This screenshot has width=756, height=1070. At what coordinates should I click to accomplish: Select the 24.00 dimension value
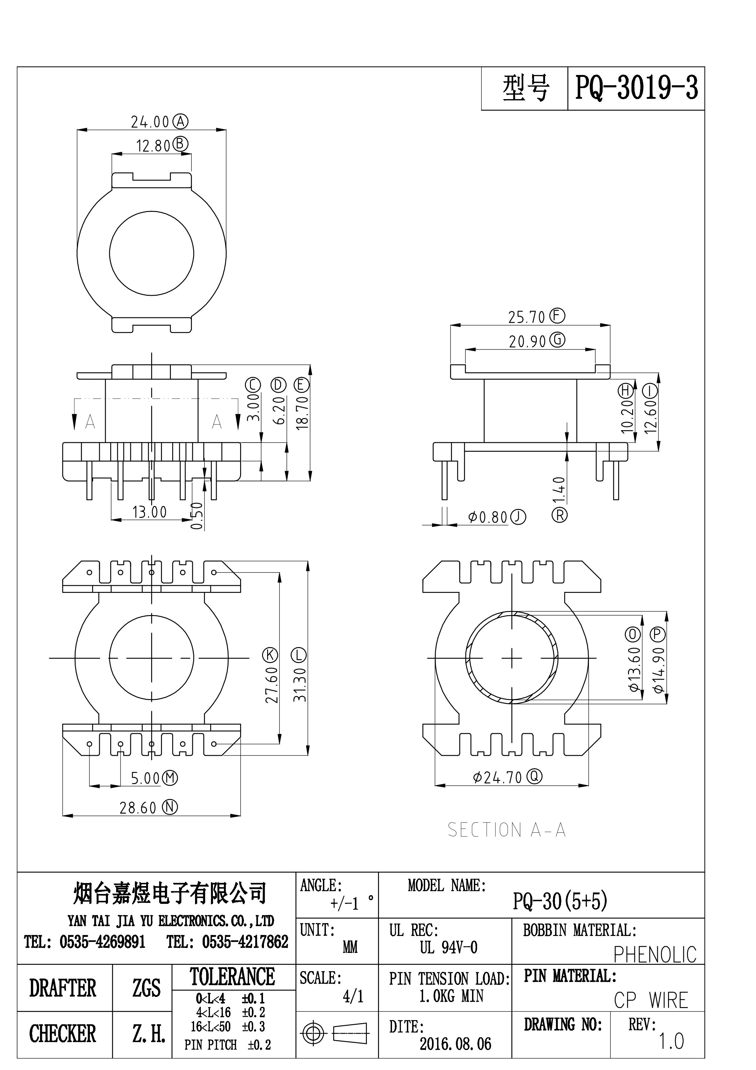[x=150, y=122]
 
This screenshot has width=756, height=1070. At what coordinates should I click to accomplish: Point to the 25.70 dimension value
[x=526, y=317]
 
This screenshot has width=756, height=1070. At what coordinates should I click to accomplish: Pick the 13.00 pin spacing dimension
[x=149, y=512]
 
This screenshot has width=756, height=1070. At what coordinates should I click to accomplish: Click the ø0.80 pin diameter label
[x=488, y=517]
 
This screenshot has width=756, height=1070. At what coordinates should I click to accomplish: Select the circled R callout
[x=559, y=515]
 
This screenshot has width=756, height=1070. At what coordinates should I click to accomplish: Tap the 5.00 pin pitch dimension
[x=145, y=778]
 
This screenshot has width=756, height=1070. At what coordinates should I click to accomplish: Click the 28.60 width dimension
[x=138, y=808]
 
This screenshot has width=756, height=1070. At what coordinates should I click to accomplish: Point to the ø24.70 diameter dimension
[x=497, y=777]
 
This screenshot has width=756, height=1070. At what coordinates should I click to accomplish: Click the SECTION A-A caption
[x=506, y=830]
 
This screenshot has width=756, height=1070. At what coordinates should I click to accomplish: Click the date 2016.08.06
[x=456, y=1044]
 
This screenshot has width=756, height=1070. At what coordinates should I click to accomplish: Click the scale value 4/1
[x=353, y=996]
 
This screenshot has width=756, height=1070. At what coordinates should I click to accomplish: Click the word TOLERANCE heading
[x=232, y=976]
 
